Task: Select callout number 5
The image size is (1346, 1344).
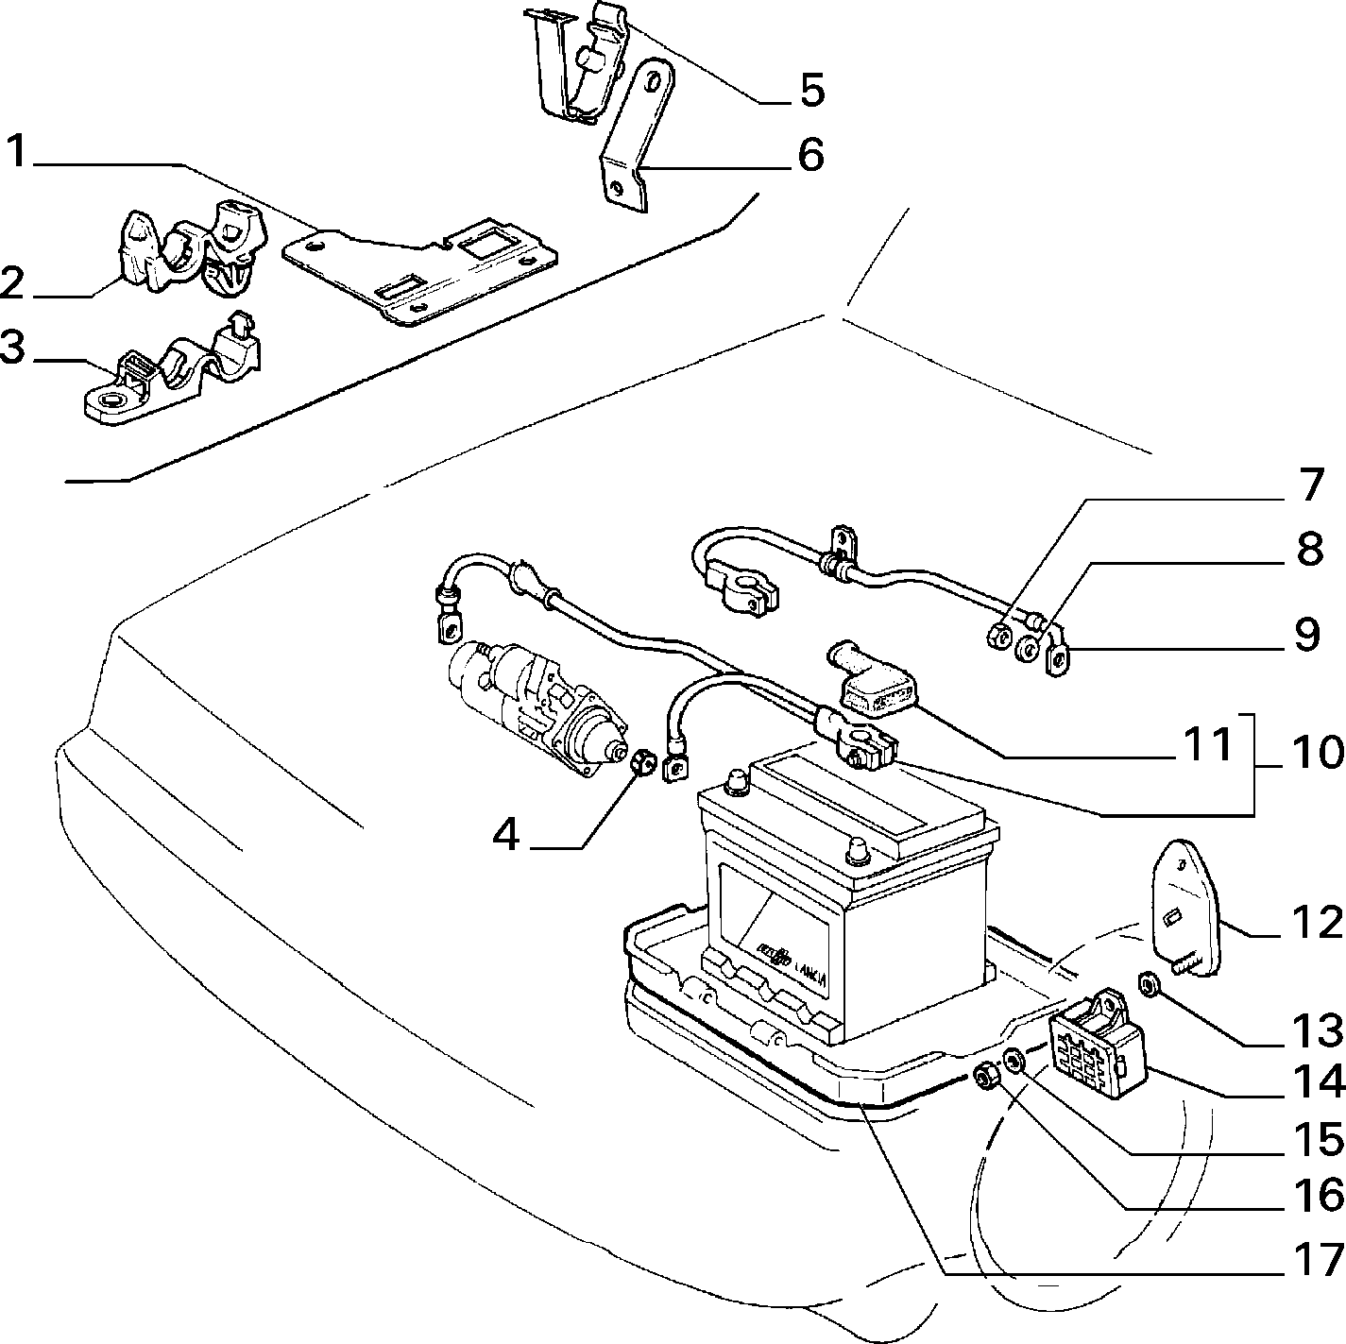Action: coord(811,90)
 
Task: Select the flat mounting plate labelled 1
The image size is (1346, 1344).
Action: coord(420,271)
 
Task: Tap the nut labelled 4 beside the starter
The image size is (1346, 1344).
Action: coord(642,762)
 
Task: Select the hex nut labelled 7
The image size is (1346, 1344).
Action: coord(998,635)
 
